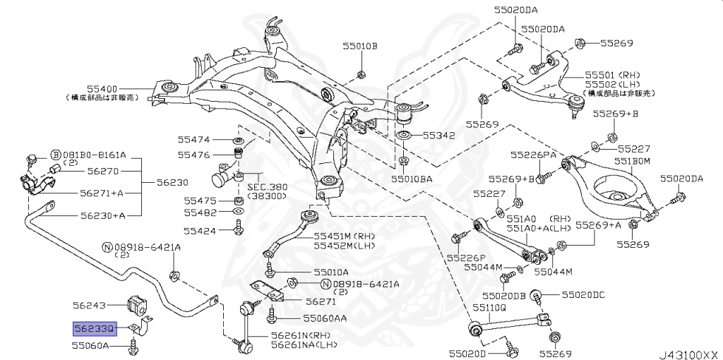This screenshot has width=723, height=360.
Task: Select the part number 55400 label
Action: (x=104, y=89)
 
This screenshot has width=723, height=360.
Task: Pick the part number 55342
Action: (x=438, y=134)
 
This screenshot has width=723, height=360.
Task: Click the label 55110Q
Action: (x=489, y=308)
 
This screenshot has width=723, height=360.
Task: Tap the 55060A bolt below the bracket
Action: (x=133, y=346)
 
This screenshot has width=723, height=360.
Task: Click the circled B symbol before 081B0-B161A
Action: (x=55, y=155)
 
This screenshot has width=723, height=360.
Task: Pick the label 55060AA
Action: (x=325, y=318)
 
